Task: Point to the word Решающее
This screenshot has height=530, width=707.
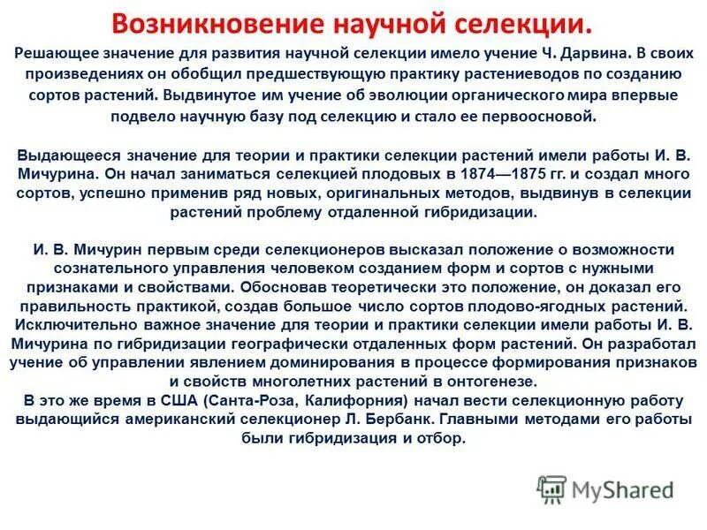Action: pyautogui.click(x=59, y=54)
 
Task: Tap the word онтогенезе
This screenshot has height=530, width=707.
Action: pyautogui.click(x=486, y=382)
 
